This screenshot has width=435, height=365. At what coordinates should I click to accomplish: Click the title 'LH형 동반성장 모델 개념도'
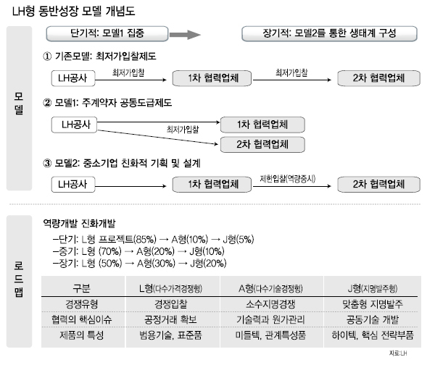click(73, 12)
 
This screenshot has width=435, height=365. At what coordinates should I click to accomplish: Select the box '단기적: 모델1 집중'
click(107, 34)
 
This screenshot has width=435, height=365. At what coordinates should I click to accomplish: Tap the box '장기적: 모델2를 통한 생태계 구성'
click(329, 34)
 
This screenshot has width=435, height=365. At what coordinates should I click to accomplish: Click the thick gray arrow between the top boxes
click(185, 35)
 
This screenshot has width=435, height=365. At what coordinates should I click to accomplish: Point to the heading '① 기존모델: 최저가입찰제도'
click(99, 56)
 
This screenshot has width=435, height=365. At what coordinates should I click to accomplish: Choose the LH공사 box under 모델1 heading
click(75, 125)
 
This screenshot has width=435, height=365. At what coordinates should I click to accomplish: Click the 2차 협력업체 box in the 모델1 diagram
click(262, 144)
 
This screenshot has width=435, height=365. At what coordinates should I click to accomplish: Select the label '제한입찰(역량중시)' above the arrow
click(288, 179)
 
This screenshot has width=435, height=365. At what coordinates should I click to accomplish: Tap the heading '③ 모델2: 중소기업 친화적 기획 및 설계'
click(122, 163)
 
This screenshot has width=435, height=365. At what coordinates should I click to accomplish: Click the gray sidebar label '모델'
click(19, 104)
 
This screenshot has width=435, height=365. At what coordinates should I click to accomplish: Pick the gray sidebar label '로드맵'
click(19, 280)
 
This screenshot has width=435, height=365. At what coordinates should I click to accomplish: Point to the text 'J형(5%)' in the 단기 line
click(239, 239)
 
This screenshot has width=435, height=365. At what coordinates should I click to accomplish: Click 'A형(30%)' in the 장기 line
click(156, 263)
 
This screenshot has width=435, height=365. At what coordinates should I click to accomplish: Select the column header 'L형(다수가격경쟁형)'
click(170, 289)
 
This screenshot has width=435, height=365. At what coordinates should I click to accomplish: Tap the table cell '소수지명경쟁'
click(270, 304)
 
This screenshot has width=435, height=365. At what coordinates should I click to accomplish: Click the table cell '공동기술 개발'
click(373, 319)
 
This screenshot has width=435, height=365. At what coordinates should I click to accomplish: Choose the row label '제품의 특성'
click(82, 335)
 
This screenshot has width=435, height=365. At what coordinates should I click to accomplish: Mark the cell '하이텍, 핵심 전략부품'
click(373, 335)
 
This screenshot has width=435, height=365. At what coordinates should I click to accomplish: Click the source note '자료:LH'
click(398, 353)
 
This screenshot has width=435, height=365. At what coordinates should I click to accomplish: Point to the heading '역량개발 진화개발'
click(79, 223)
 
